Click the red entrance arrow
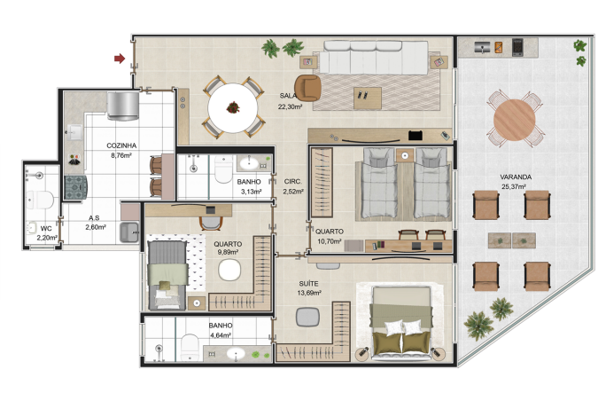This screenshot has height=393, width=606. [120, 59]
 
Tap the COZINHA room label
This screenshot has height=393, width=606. [121, 145]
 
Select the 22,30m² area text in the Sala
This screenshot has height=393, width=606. [290, 106]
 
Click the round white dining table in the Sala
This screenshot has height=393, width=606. [233, 108]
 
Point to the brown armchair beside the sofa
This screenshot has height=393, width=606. [307, 88]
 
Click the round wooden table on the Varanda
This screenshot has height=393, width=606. [515, 120]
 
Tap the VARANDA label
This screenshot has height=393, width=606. [516, 177]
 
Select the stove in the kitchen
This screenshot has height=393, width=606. [76, 187]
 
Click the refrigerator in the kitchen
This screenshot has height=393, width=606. [123, 105]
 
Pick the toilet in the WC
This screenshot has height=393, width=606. [40, 200]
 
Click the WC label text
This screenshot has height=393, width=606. [46, 228]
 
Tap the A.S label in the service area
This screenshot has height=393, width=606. [94, 218]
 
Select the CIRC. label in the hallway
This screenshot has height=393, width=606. [293, 181]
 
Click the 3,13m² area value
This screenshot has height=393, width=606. [252, 192]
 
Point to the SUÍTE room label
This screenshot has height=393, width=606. [308, 284]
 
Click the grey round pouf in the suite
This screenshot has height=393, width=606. [307, 317]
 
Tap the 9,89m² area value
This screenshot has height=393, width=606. [228, 252]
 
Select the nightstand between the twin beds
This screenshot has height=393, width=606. [405, 155]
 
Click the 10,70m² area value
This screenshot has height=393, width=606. [330, 241]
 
